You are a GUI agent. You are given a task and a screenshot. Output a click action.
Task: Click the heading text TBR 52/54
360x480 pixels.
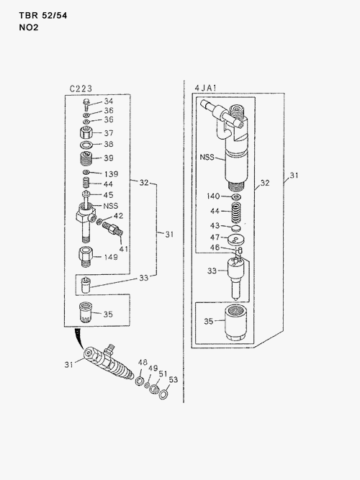pyautogui.click(x=43, y=15)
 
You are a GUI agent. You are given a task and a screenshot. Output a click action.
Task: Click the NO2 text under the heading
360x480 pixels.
pyautogui.click(x=29, y=27)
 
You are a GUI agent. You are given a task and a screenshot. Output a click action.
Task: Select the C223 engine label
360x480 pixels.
pyautogui.click(x=81, y=89)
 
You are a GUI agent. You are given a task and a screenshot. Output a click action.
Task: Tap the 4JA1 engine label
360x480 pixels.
pyautogui.click(x=206, y=88)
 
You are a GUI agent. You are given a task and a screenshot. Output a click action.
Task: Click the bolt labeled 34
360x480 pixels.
pyautogui.click(x=86, y=105)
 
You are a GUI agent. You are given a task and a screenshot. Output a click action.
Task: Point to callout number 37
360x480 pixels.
pyautogui.click(x=109, y=133)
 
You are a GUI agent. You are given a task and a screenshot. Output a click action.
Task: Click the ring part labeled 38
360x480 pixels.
pyautogui.click(x=86, y=145)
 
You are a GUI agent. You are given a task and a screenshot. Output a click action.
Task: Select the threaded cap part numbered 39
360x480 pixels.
pyautogui.click(x=86, y=159)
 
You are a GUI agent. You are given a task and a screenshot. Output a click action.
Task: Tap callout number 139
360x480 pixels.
pyautogui.click(x=111, y=174)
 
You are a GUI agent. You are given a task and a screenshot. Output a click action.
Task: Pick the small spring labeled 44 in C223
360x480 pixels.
pyautogui.click(x=86, y=184)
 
